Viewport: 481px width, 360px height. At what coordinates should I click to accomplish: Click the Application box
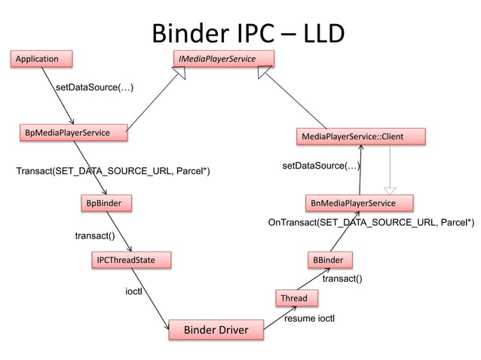[43, 58]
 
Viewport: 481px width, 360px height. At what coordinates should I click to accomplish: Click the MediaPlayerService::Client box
[361, 136]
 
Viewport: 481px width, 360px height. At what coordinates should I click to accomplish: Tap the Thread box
[294, 298]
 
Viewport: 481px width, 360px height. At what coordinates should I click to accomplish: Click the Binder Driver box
[216, 330]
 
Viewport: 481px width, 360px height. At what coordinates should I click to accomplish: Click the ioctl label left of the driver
[133, 290]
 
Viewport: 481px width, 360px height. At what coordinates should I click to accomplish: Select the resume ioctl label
[309, 319]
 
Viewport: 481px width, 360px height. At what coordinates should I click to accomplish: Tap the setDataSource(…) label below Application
[95, 88]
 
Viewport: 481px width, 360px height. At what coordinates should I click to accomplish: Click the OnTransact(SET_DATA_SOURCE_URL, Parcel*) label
[371, 223]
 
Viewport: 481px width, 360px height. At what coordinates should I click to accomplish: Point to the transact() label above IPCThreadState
[94, 236]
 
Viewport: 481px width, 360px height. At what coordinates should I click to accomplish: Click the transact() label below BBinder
[342, 279]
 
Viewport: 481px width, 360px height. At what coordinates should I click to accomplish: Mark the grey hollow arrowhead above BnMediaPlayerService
[389, 190]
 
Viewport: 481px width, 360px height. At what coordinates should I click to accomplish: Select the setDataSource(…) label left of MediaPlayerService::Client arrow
[320, 165]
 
